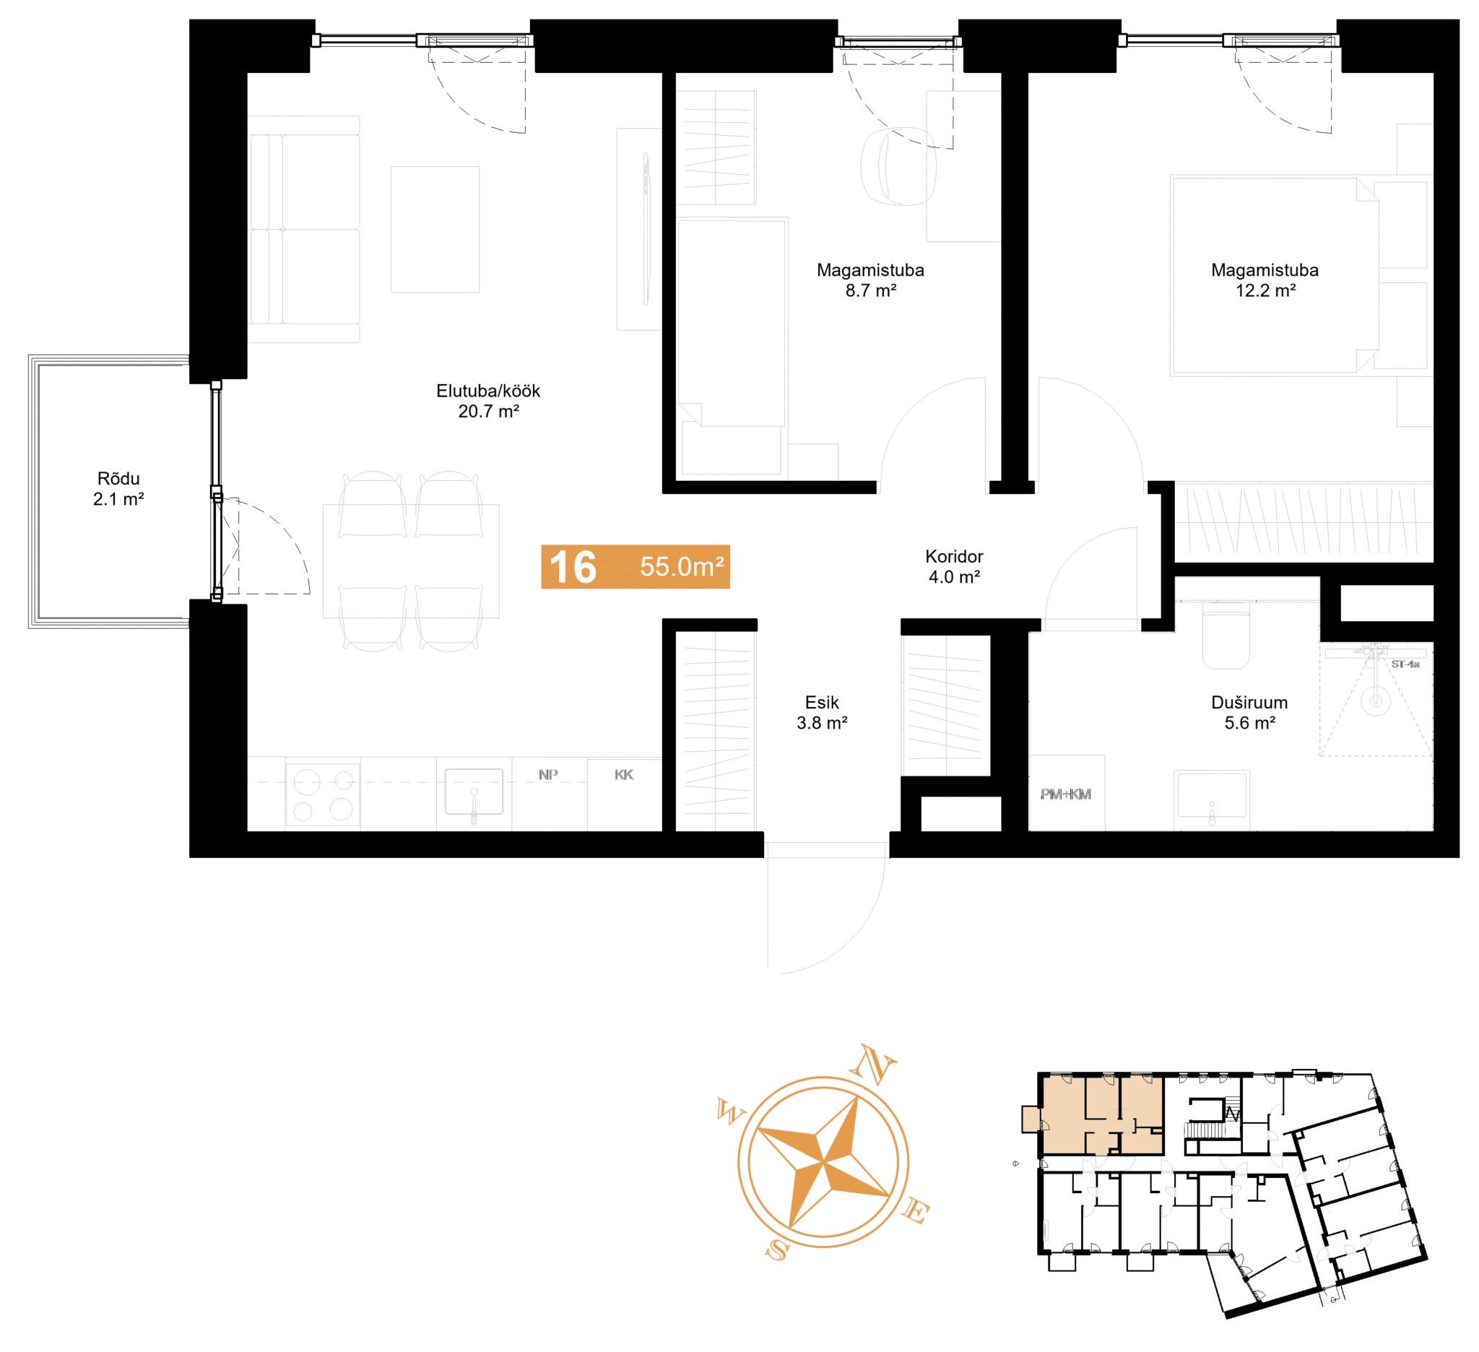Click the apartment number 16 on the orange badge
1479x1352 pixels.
pos(573,567)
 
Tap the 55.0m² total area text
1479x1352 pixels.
pos(682,567)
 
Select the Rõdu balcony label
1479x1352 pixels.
pos(118,478)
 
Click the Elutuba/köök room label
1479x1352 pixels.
pos(488,391)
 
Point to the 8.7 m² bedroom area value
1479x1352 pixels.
pos(871,290)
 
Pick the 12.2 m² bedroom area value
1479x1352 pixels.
pos(1265,290)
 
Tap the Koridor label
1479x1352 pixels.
pos(954,556)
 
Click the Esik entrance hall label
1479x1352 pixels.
pos(822,702)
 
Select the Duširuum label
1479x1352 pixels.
pos(1249,702)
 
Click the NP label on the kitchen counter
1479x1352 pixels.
pos(548,775)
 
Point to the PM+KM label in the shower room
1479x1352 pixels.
pos(1065,794)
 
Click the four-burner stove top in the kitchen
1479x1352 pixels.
pos(323,794)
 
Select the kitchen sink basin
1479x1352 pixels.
pos(474,792)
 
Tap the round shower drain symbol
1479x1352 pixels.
pos(1376,701)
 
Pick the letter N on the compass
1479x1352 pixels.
pos(874,1064)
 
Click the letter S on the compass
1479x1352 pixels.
pos(777,1250)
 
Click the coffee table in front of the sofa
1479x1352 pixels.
pos(435,230)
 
